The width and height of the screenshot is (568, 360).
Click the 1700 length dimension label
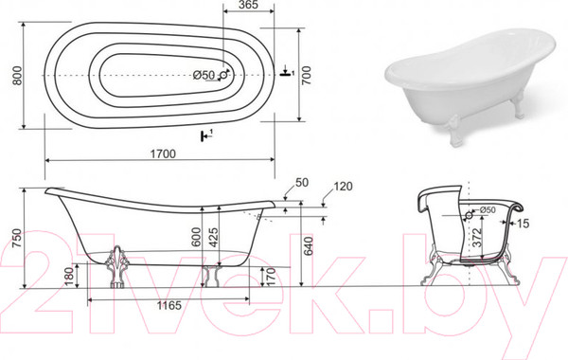click(x=163, y=153)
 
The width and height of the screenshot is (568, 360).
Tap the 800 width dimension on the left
click(x=17, y=76)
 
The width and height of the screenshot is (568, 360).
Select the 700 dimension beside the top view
click(x=307, y=75)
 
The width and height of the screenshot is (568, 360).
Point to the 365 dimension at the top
click(x=248, y=5)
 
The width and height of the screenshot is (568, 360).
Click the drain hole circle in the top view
click(x=223, y=75)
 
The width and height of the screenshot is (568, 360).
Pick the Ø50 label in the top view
click(x=204, y=75)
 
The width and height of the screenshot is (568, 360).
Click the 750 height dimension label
click(x=17, y=238)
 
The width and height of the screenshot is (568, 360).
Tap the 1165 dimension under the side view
click(x=169, y=306)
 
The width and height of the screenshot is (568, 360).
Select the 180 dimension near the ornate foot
click(x=69, y=276)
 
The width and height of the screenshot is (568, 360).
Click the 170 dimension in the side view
click(x=271, y=277)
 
